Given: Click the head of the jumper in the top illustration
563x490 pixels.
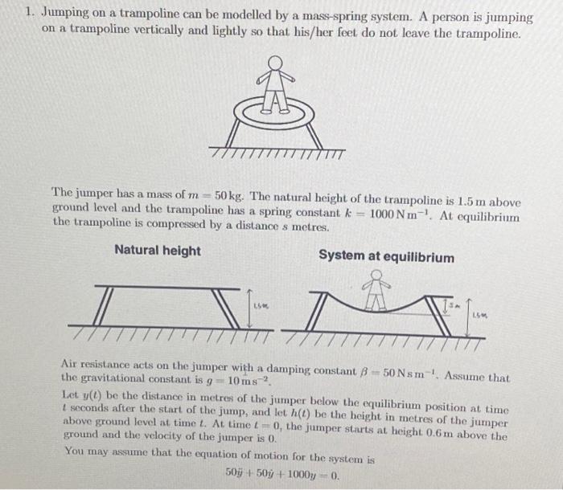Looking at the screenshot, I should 276,63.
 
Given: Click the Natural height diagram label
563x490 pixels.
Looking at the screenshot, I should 158,251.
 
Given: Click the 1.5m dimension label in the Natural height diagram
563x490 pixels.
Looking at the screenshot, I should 263,306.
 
